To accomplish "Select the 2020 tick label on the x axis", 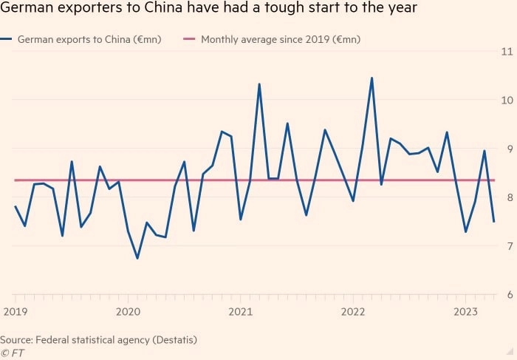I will tap(129, 312).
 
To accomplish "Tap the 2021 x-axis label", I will tap(241, 312).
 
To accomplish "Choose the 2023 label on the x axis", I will tap(465, 312).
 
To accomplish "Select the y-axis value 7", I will tap(507, 246).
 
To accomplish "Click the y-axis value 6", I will tap(507, 295).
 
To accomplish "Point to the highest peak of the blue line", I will tap(372, 78).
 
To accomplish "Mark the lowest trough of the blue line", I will tap(137, 258).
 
